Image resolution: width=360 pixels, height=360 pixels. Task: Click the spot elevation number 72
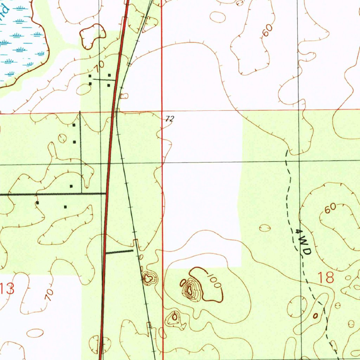[x=169, y=119]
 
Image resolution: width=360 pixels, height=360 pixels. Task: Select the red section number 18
[x=325, y=278]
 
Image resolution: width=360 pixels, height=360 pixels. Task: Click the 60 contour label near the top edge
[x=267, y=31]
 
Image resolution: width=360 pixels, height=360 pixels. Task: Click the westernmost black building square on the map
[x=37, y=203]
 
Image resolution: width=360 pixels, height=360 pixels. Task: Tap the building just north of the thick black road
[x=71, y=186]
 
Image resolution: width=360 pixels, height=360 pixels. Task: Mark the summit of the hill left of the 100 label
[x=190, y=290]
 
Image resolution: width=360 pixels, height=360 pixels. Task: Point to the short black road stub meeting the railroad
[x=119, y=252]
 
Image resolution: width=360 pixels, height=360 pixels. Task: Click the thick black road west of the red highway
[x=53, y=194]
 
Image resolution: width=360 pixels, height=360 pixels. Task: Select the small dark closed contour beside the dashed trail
[x=315, y=316]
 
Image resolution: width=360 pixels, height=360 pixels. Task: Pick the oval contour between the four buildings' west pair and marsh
[x=83, y=90]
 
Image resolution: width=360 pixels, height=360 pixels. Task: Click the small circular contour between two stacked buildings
[x=62, y=138]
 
